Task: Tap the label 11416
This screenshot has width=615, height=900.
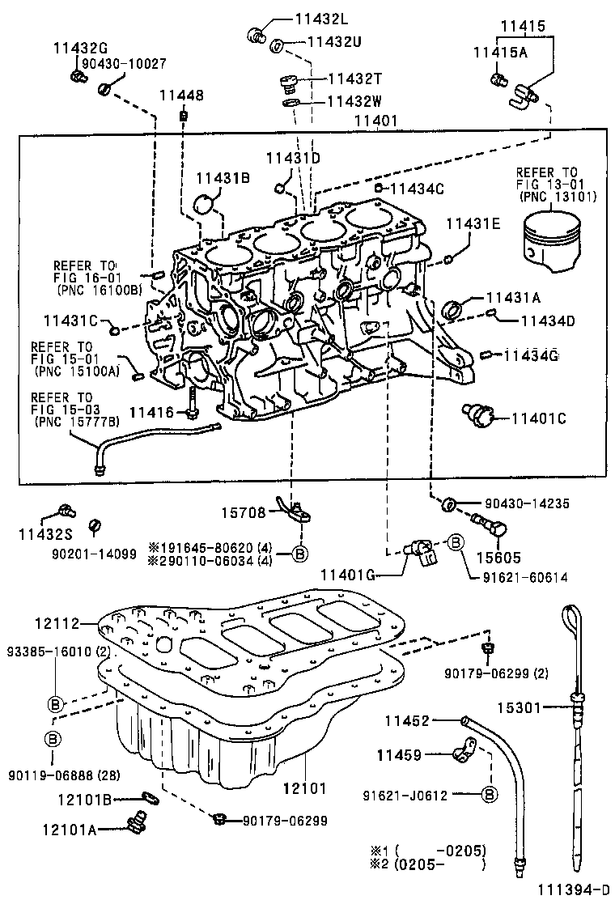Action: [x=151, y=413]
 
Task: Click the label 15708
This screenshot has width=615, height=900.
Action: [x=244, y=512]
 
